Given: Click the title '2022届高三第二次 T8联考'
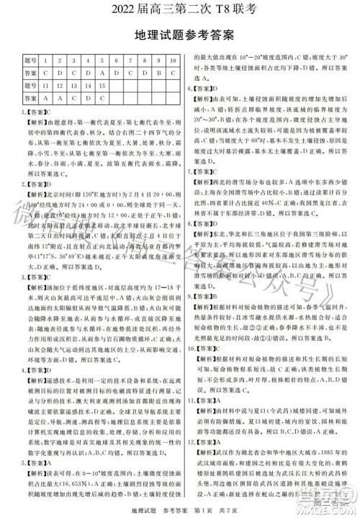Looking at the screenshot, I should tap(179, 9).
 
